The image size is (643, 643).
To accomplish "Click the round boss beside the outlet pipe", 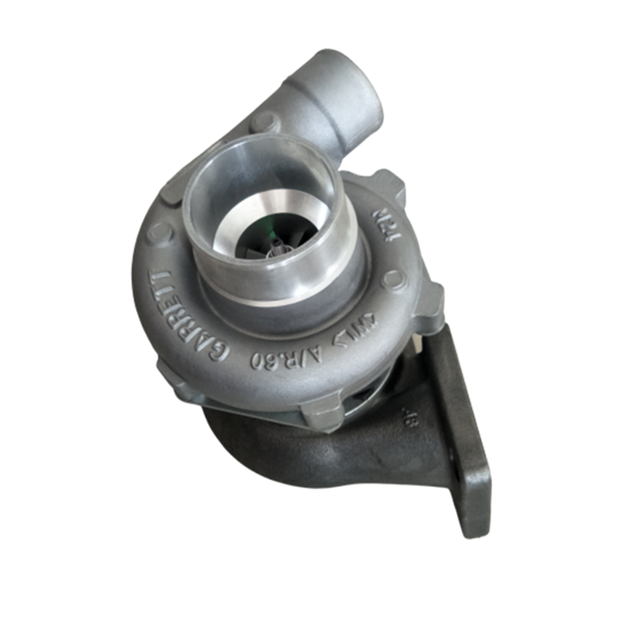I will click(262, 123).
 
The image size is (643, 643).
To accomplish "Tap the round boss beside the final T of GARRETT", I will click(160, 232).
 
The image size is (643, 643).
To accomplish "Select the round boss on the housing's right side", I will click(394, 278).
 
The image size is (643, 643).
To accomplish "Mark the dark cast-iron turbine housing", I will click(283, 450).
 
